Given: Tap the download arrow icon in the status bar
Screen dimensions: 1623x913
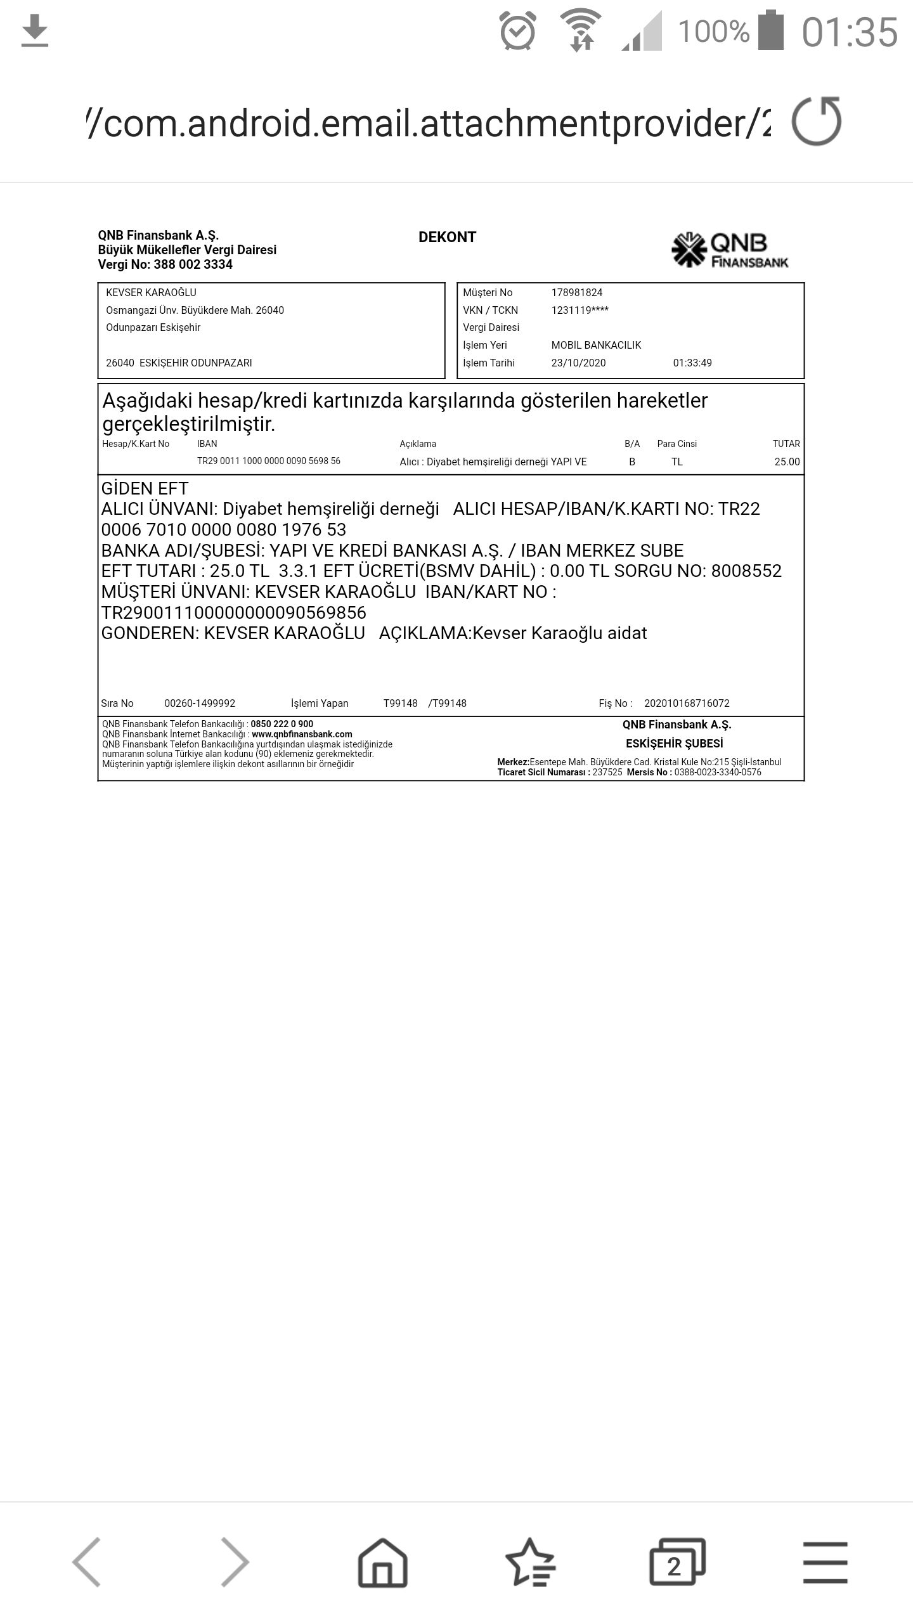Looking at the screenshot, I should [x=35, y=32].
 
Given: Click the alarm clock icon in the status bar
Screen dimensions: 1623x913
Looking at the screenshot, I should [x=518, y=32].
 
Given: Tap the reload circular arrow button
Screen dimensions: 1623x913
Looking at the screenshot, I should [x=816, y=122].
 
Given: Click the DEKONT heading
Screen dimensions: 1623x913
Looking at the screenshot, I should [x=447, y=237].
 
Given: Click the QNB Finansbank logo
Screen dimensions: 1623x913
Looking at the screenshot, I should [x=730, y=250].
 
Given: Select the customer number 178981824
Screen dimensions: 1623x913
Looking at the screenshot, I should [x=576, y=292].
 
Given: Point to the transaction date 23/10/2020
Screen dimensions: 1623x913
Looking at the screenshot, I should [x=578, y=363].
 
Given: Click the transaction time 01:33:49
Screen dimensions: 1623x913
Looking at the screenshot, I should [x=692, y=363].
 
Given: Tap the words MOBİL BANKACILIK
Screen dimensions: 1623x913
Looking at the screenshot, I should [x=596, y=345].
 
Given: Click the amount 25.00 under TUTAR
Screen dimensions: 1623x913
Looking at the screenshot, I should [x=787, y=462].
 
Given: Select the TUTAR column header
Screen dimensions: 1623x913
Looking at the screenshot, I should [x=786, y=444].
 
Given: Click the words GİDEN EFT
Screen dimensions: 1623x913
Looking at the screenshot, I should [x=145, y=489].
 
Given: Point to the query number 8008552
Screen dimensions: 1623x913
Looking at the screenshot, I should [x=746, y=571].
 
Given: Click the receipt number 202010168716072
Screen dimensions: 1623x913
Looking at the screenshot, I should [x=687, y=703].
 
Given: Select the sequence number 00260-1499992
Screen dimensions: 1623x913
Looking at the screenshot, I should [x=200, y=703].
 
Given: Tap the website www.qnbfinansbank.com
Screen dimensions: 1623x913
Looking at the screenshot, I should [x=302, y=734].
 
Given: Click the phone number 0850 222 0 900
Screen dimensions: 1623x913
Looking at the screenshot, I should [x=282, y=724].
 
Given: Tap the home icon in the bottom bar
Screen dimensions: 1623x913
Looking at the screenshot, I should [x=382, y=1562].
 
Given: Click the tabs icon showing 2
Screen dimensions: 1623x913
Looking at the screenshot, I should [x=677, y=1562].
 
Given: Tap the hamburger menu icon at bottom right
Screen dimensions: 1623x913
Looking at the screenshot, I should [x=825, y=1562].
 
